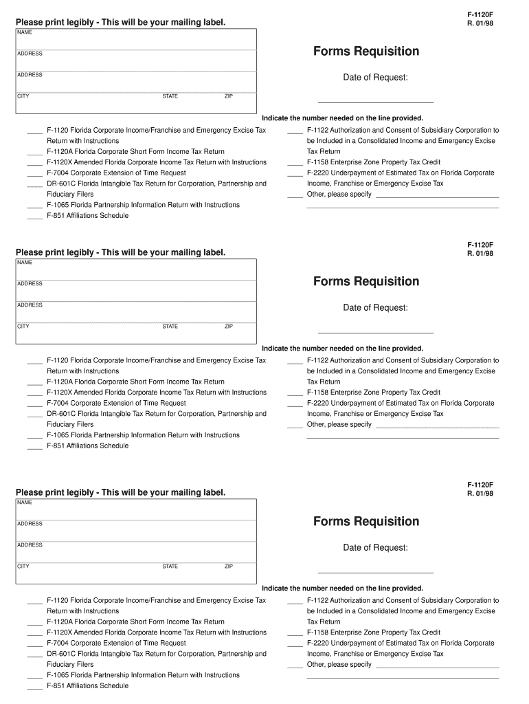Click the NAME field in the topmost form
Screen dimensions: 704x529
coord(136,39)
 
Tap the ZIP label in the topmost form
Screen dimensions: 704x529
coord(229,96)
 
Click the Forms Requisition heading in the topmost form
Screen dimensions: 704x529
coord(366,52)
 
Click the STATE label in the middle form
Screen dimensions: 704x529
coord(170,327)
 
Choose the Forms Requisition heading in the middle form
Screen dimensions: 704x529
coord(366,281)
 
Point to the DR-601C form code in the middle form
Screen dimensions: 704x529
coord(60,414)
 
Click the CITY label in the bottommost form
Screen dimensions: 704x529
coord(23,566)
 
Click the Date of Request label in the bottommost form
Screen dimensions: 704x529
coord(375,548)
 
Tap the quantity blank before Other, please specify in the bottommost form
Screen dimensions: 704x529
coord(295,666)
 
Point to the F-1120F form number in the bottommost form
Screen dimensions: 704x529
coord(480,484)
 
